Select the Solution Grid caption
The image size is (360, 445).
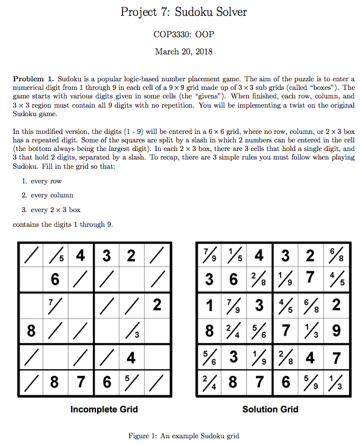(x=270, y=409)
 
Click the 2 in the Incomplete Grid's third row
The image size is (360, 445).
(x=156, y=304)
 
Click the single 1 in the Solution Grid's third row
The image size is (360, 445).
(x=210, y=304)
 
